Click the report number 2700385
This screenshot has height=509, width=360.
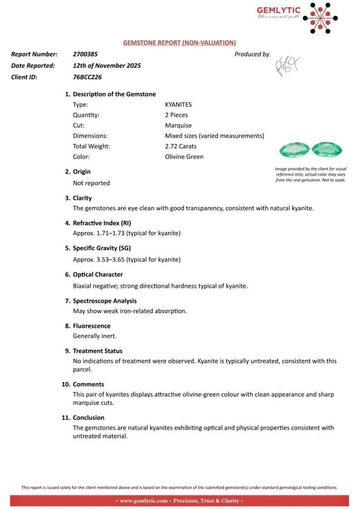[84, 54]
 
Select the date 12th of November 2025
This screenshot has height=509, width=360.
[107, 66]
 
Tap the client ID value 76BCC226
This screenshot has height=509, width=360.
[87, 77]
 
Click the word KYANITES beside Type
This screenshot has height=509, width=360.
[179, 104]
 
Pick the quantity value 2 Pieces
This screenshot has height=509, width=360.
[176, 115]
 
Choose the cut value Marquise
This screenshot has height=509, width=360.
[178, 126]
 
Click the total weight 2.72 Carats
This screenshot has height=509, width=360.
[180, 146]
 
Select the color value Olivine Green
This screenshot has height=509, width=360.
[184, 157]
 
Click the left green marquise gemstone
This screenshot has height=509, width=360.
[294, 149]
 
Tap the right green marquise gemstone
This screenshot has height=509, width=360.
[327, 149]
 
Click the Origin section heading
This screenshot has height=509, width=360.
[81, 172]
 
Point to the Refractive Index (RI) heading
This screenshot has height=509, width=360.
[102, 223]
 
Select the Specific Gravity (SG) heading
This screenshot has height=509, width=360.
[103, 248]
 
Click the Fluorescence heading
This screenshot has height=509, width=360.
[91, 326]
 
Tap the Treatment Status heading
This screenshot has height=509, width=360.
[97, 351]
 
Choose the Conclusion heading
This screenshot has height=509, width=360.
[88, 418]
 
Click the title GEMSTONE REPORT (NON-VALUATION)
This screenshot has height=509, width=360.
[180, 43]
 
